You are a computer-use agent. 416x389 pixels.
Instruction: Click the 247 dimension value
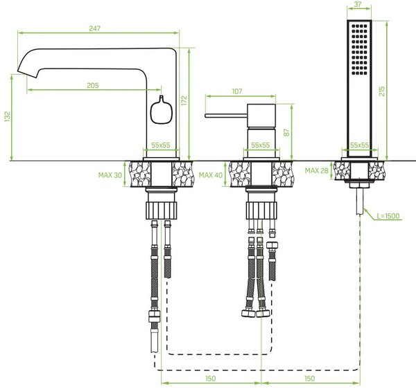(95, 28)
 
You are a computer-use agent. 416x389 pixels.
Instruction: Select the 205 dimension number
(93, 85)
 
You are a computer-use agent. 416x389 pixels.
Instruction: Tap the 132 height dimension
(7, 117)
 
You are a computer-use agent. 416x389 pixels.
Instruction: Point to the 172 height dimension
(184, 100)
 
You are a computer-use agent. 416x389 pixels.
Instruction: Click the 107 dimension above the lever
(237, 91)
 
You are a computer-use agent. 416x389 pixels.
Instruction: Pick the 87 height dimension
(287, 132)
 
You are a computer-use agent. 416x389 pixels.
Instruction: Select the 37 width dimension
(358, 4)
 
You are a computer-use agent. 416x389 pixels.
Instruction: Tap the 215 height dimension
(382, 91)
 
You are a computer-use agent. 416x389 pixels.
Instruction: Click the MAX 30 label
(110, 175)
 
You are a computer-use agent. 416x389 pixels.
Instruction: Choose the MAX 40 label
(211, 175)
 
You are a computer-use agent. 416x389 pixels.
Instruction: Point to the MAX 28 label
(317, 170)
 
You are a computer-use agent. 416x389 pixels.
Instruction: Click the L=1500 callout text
(388, 216)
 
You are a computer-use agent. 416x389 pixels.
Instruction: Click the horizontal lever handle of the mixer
(226, 116)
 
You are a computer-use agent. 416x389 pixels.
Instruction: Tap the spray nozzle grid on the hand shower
(359, 50)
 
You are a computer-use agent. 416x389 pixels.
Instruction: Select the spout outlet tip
(26, 74)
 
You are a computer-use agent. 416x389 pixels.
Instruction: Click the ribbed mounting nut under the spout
(162, 210)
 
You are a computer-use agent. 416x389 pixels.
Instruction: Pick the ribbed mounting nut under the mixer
(261, 210)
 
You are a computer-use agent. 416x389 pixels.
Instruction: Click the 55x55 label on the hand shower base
(359, 145)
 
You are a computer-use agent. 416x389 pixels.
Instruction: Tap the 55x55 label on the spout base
(161, 145)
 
